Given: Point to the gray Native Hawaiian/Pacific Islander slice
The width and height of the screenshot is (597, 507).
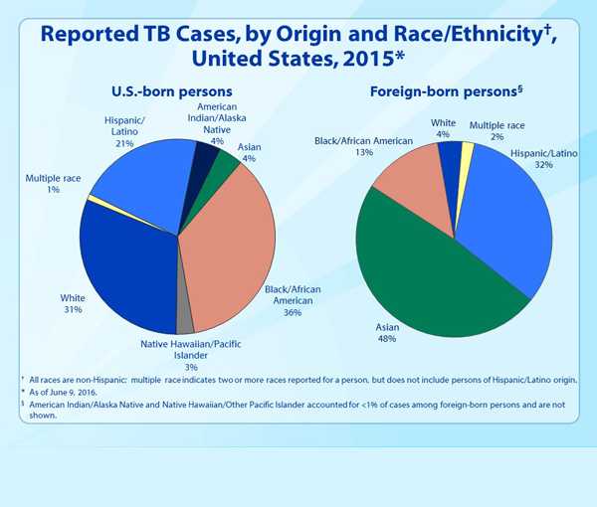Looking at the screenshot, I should tap(184, 321).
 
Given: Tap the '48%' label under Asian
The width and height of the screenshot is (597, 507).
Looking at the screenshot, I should tap(386, 339).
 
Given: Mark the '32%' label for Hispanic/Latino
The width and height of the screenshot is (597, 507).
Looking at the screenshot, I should tap(542, 165).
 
